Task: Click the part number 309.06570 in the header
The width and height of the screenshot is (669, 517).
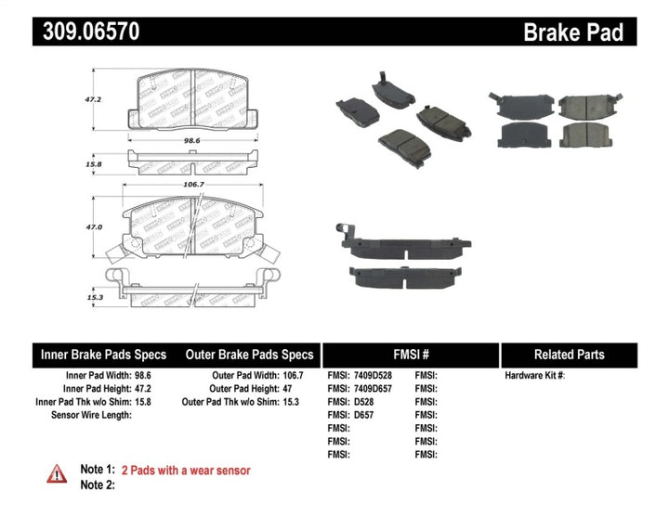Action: (88, 32)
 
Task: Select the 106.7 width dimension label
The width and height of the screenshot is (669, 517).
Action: (193, 184)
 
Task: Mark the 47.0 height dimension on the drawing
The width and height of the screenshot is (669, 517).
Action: (93, 226)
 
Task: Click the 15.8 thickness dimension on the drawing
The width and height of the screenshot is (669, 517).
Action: (93, 164)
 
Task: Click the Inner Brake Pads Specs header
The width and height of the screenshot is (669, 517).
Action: (103, 355)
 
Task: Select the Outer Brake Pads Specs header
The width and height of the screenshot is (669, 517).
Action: (250, 355)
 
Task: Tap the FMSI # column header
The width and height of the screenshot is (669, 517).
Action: (410, 355)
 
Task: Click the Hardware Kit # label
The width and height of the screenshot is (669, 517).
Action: (534, 376)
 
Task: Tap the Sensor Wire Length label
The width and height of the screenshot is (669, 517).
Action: (91, 415)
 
